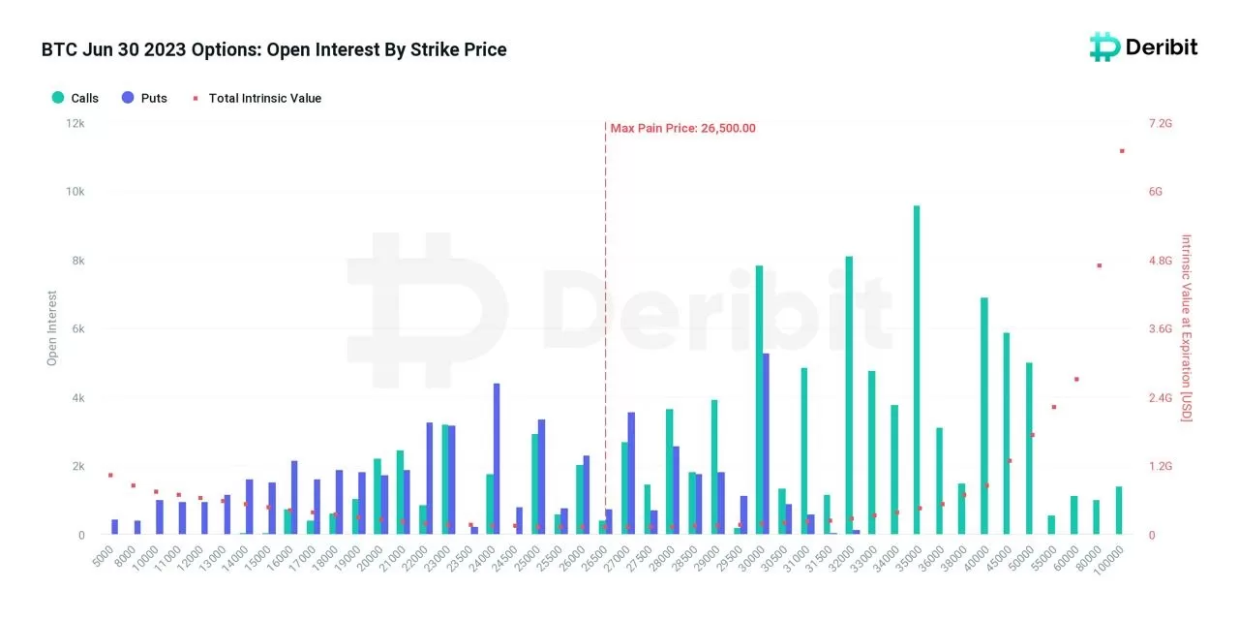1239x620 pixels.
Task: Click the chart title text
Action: click(x=274, y=49)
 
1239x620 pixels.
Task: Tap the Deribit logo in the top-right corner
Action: click(x=1143, y=46)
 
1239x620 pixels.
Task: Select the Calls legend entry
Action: click(x=75, y=98)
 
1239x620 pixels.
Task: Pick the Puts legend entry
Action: click(x=144, y=98)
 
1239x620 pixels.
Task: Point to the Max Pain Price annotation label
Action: click(x=682, y=128)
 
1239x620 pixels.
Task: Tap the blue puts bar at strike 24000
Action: click(x=497, y=459)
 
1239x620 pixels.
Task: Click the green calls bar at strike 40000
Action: click(x=983, y=416)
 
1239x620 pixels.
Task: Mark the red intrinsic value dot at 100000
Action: click(x=1122, y=151)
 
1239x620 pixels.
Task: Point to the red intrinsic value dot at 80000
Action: click(x=1100, y=265)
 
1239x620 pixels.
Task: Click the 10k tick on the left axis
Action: click(x=75, y=192)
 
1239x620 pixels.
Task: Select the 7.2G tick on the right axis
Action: click(x=1160, y=124)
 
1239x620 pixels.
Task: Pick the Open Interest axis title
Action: click(x=52, y=328)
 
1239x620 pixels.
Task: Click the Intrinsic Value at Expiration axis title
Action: click(x=1187, y=328)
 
